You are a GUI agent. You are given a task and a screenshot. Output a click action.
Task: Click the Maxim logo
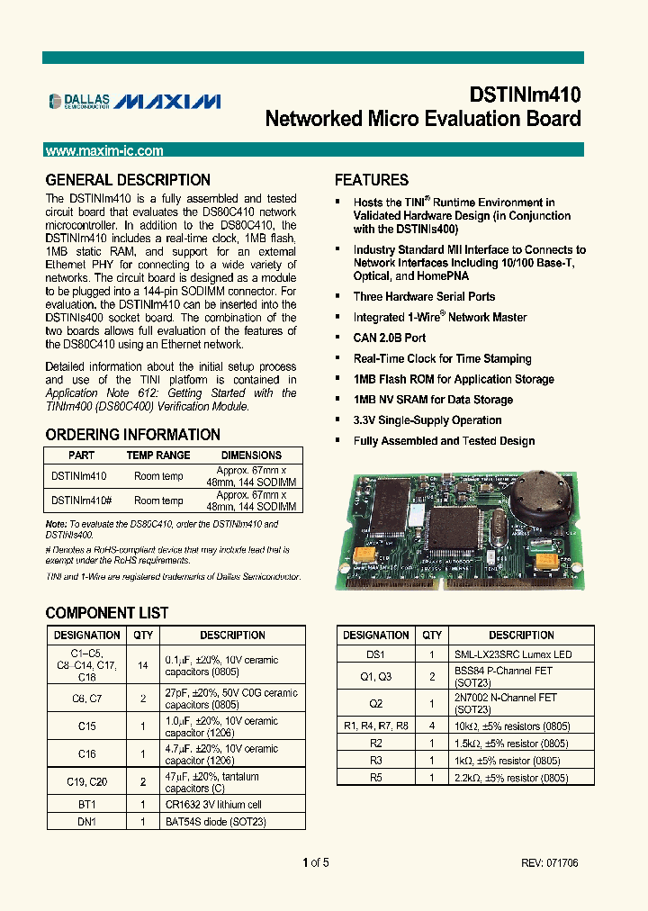tap(168, 101)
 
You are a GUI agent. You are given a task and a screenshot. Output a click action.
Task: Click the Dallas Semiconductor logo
tap(79, 101)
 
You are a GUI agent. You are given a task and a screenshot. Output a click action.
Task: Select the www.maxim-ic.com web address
tap(104, 151)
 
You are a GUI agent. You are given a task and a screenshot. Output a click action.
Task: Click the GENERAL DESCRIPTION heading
tap(128, 180)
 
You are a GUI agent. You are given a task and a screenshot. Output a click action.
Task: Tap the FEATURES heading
tap(372, 180)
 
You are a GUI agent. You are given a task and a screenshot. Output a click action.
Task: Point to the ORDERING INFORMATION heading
tap(132, 435)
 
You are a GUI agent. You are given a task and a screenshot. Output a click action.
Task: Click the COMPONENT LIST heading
tap(107, 613)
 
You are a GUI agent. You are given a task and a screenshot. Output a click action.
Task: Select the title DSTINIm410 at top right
tap(525, 95)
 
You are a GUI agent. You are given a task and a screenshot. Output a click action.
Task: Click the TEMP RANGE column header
tap(158, 455)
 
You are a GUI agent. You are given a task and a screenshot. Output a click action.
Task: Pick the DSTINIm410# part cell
tap(81, 501)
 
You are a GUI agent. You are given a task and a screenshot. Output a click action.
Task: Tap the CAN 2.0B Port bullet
tap(390, 338)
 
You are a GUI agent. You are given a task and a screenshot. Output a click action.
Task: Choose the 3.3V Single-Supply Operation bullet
tap(427, 420)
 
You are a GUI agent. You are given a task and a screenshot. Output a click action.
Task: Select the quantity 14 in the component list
tap(144, 665)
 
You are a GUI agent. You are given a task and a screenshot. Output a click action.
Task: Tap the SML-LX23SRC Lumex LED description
tap(513, 654)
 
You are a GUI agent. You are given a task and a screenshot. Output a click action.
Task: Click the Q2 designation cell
tap(376, 703)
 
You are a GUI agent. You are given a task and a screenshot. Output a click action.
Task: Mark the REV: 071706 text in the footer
tap(549, 863)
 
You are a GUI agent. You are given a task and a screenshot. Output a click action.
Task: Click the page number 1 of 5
tap(316, 863)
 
